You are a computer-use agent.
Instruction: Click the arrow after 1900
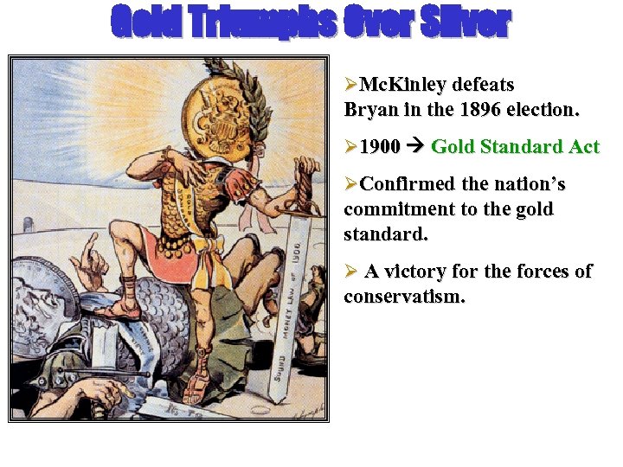tap(415, 147)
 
